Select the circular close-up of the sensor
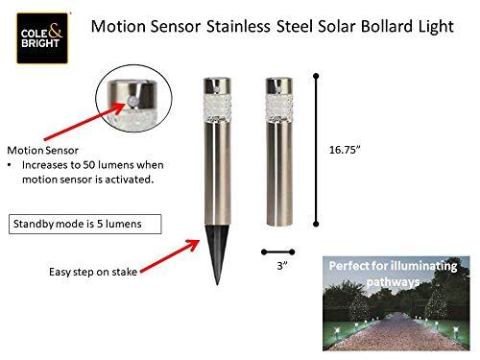tap(132, 102)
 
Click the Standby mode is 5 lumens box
tap(86, 224)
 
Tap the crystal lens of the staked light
tap(213, 101)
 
